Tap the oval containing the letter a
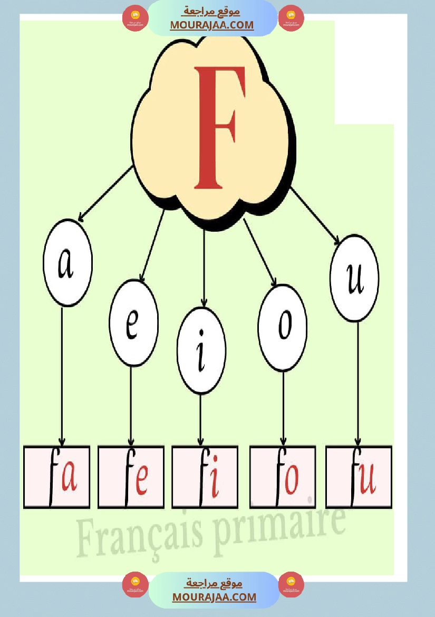pos(66,263)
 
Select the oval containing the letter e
pos(133,323)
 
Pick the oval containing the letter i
pos(201,350)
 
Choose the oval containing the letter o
pos(283,328)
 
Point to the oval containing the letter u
pos(354,278)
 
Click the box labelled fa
pos(57,477)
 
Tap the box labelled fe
pos(131,477)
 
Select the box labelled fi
pos(205,477)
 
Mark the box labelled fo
pos(283,477)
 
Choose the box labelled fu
pos(359,477)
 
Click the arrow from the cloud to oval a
pos(105,194)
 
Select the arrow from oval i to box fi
pos(200,420)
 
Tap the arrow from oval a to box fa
pos(62,375)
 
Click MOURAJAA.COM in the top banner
pos(212,25)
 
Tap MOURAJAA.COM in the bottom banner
pos(214,597)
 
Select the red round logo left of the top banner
pos(135,18)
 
